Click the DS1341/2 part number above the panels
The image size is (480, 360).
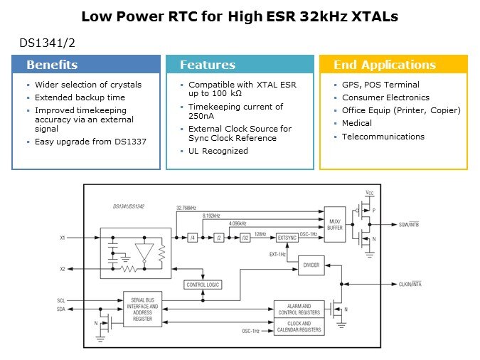point(47,43)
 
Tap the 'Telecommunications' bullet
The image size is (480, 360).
point(383,137)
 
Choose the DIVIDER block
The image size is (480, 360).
point(310,265)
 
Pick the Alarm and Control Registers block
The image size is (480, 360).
point(298,308)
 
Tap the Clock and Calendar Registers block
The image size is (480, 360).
point(298,327)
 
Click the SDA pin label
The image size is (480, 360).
point(61,308)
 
